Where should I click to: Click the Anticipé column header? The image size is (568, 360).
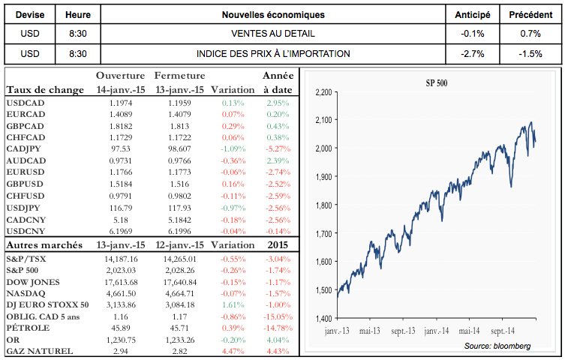[x=473, y=15]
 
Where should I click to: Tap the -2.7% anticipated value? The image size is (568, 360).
[x=473, y=54]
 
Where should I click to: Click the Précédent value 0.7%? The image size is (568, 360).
[x=530, y=34]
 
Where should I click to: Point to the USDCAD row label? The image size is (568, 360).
[x=24, y=103]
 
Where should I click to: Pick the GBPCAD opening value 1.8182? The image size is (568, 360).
[x=119, y=127]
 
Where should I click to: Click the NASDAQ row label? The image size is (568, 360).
[x=24, y=293]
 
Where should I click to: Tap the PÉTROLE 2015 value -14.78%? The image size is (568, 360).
[x=275, y=328]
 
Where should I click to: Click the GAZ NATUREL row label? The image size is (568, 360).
[x=39, y=352]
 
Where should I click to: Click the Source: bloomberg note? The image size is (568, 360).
[x=497, y=346]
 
